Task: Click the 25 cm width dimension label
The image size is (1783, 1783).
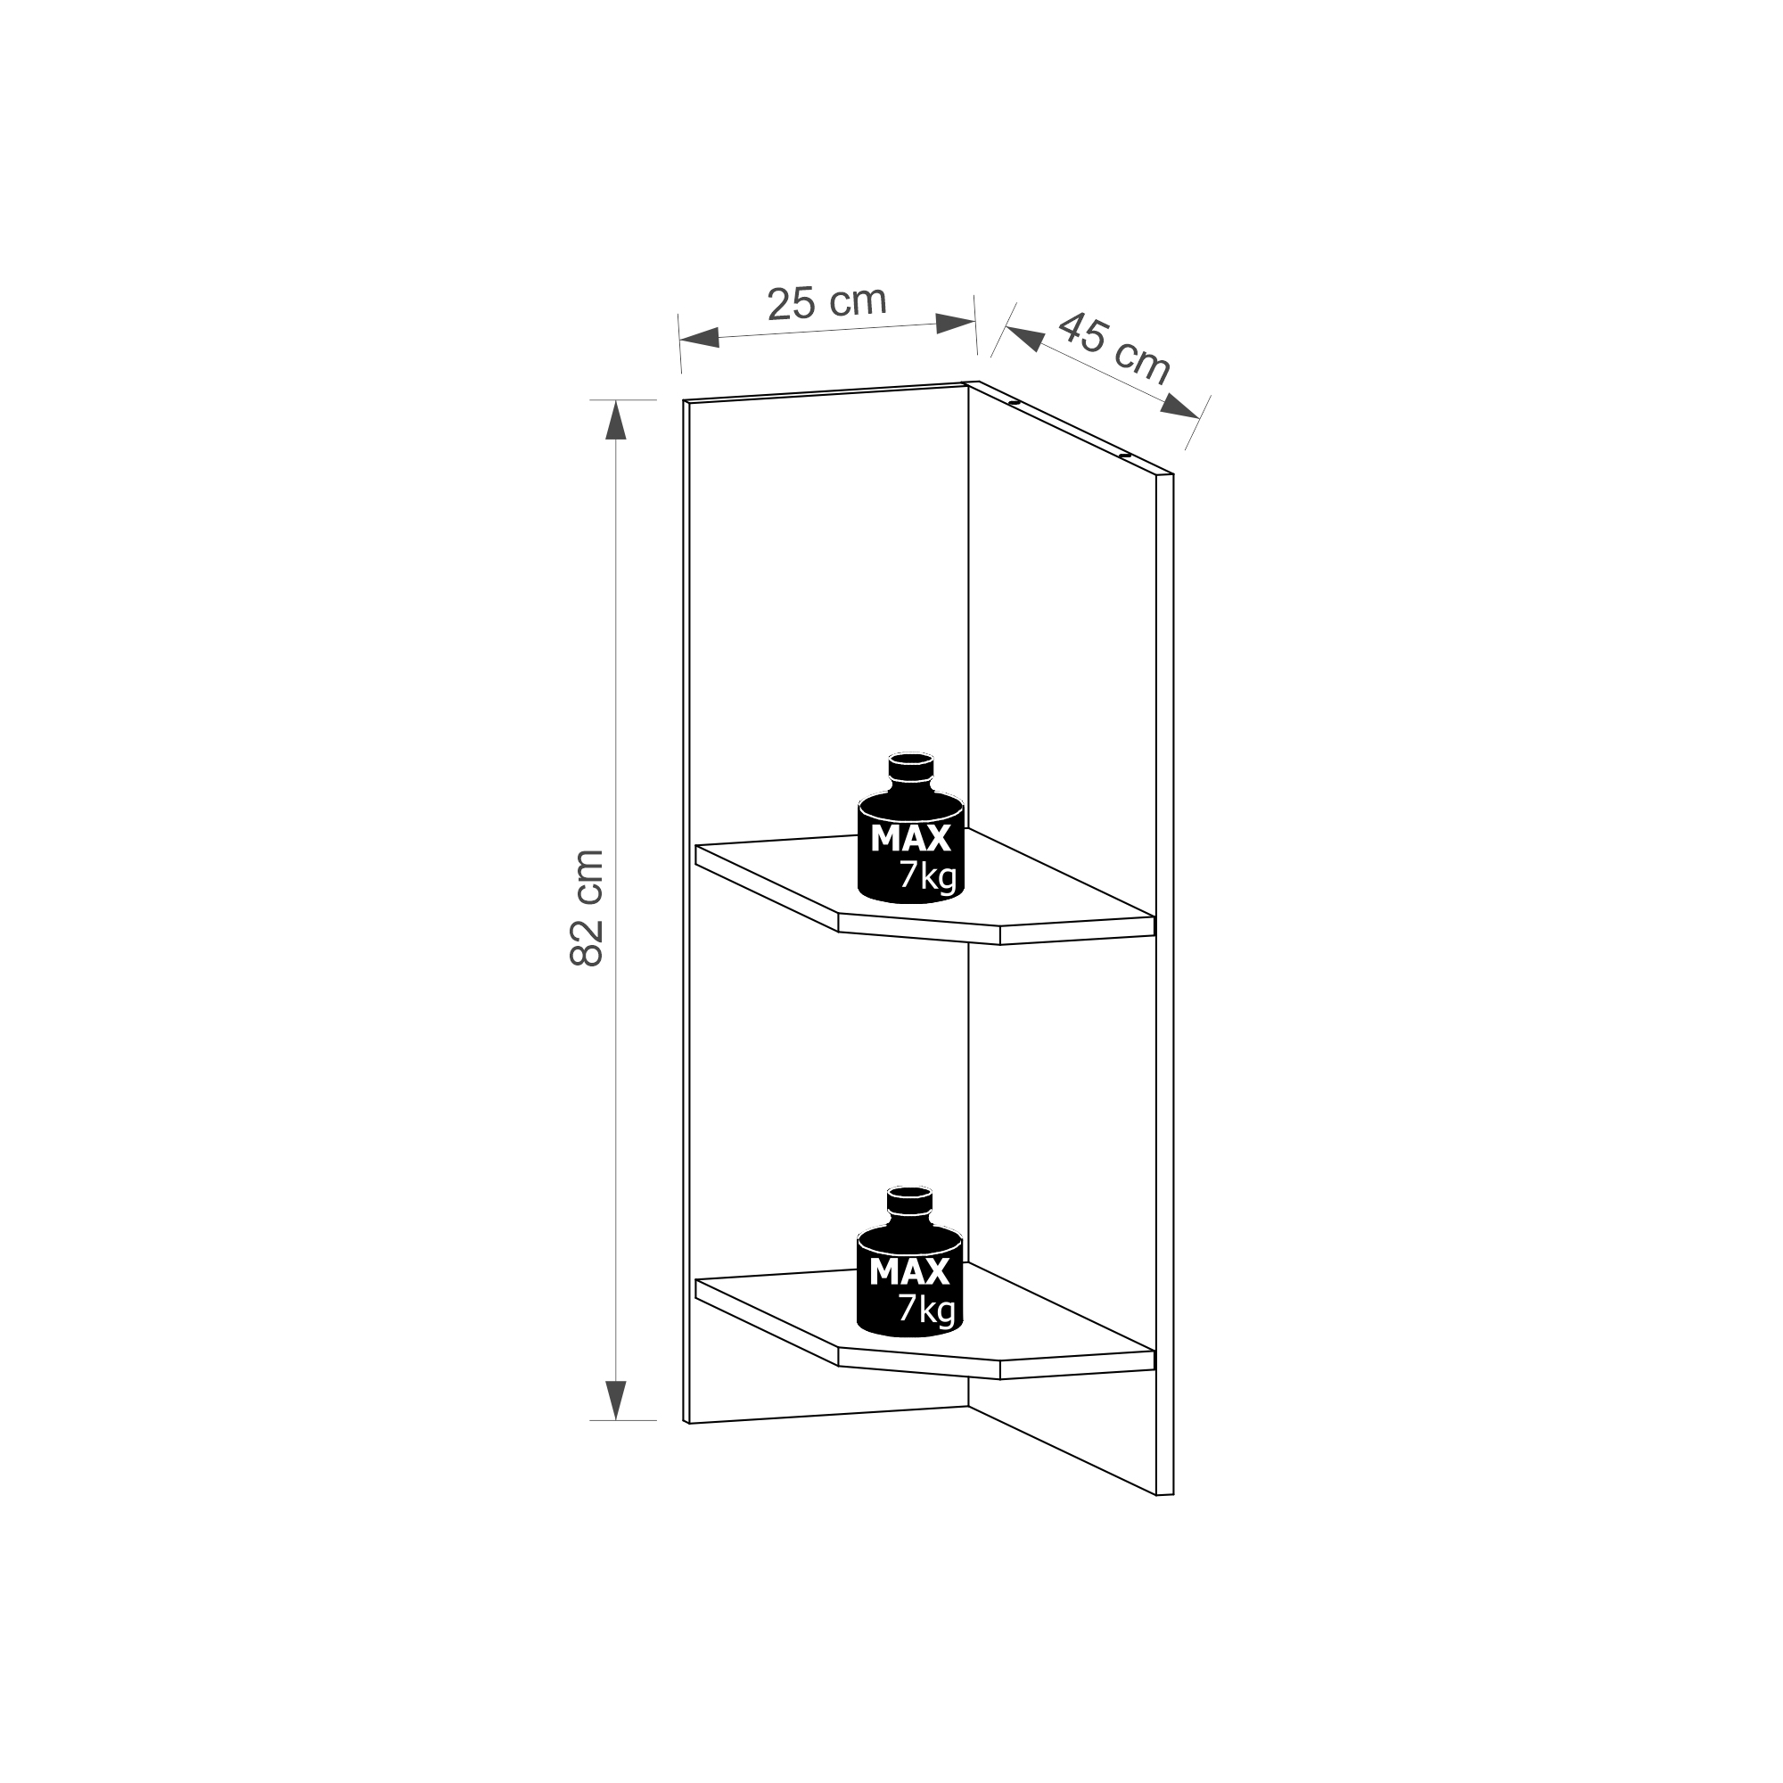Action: tap(827, 303)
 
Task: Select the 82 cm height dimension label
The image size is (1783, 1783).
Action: tap(587, 908)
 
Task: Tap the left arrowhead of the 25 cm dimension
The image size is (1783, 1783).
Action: tap(700, 337)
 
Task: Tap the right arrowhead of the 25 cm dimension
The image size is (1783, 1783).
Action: tap(955, 323)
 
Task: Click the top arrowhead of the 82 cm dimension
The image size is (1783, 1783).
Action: tap(615, 420)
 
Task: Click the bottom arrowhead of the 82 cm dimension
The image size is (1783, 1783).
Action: tap(615, 1400)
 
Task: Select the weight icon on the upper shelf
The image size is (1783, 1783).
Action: tap(911, 827)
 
